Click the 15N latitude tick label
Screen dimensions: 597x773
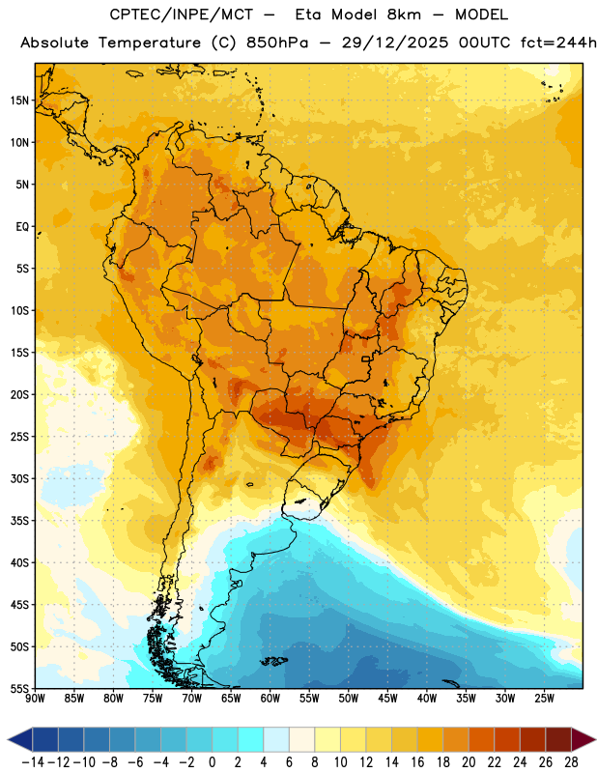click(19, 100)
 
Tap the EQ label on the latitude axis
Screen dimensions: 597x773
click(22, 227)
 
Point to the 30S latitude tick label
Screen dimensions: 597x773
click(19, 478)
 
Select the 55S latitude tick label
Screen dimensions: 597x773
click(19, 689)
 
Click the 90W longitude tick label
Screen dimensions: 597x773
click(36, 698)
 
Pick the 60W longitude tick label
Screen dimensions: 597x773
click(270, 698)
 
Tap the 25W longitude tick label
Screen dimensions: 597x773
click(544, 698)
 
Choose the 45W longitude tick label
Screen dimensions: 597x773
click(387, 698)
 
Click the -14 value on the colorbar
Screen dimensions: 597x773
click(34, 762)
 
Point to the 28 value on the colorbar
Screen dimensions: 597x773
click(571, 762)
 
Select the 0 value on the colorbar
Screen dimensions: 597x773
click(213, 762)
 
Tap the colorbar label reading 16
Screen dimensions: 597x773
click(417, 762)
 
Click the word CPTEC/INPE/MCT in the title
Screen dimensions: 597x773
click(182, 14)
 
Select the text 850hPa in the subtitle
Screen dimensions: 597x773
click(277, 43)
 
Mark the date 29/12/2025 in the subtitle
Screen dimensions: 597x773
click(395, 43)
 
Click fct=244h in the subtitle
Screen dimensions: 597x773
click(558, 43)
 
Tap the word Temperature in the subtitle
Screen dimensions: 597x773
click(150, 43)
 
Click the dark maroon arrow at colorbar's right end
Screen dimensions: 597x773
click(583, 740)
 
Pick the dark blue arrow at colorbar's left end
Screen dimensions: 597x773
click(20, 740)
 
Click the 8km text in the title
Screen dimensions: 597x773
click(404, 14)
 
